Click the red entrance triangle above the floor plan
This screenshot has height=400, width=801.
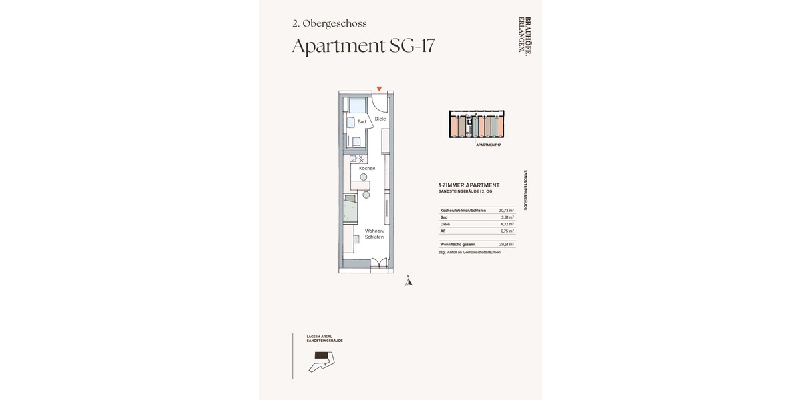(379, 89)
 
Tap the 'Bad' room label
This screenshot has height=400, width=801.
(361, 122)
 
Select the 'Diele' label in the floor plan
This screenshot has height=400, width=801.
(380, 119)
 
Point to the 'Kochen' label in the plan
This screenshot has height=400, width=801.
(367, 168)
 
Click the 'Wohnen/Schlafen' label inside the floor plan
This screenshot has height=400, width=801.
(374, 234)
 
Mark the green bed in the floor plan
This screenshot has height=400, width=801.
(352, 209)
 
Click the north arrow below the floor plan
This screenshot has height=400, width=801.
(409, 281)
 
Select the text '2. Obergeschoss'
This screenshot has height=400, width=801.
(329, 23)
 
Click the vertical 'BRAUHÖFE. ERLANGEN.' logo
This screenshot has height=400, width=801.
(525, 35)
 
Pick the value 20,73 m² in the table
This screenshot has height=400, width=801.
(507, 210)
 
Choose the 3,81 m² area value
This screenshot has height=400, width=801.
(509, 217)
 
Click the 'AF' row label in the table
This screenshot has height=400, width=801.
(443, 231)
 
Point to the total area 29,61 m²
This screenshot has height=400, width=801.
(507, 245)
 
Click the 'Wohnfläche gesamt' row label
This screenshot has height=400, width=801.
(458, 245)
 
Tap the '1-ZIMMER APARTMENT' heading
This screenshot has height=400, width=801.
(469, 185)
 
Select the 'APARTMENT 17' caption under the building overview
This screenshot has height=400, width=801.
(488, 145)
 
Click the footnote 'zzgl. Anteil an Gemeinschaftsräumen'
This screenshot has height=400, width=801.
(469, 253)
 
